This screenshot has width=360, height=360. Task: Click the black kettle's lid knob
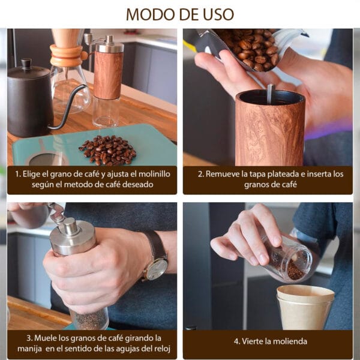(x=26, y=63)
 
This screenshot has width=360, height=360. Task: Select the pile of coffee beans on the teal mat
(x=107, y=151)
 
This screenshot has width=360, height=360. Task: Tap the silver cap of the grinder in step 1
(x=110, y=44)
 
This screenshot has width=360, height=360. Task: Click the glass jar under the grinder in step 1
(x=106, y=112)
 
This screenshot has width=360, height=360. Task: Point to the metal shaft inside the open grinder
(x=271, y=94)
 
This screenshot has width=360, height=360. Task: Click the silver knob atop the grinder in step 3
(x=69, y=226)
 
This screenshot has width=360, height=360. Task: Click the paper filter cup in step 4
(x=305, y=307)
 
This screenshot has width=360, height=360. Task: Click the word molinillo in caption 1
(x=155, y=174)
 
